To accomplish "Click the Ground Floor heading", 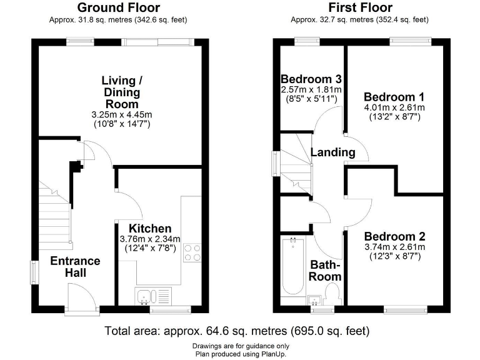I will coord(118,8).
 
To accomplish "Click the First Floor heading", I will coord(360,8).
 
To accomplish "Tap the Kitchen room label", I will coord(150,229).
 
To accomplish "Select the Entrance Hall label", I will coord(75,267).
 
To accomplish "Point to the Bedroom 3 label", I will coord(311,79).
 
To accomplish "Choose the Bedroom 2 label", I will coord(394,237).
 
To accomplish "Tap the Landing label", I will coord(332,152).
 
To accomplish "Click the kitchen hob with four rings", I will coord(194,251).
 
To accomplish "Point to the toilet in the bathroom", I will coord(332,294).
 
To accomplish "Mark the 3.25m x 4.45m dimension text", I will coord(122,115).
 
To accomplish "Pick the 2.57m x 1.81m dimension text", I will coord(311,90).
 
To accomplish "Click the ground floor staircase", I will coord(54,216).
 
